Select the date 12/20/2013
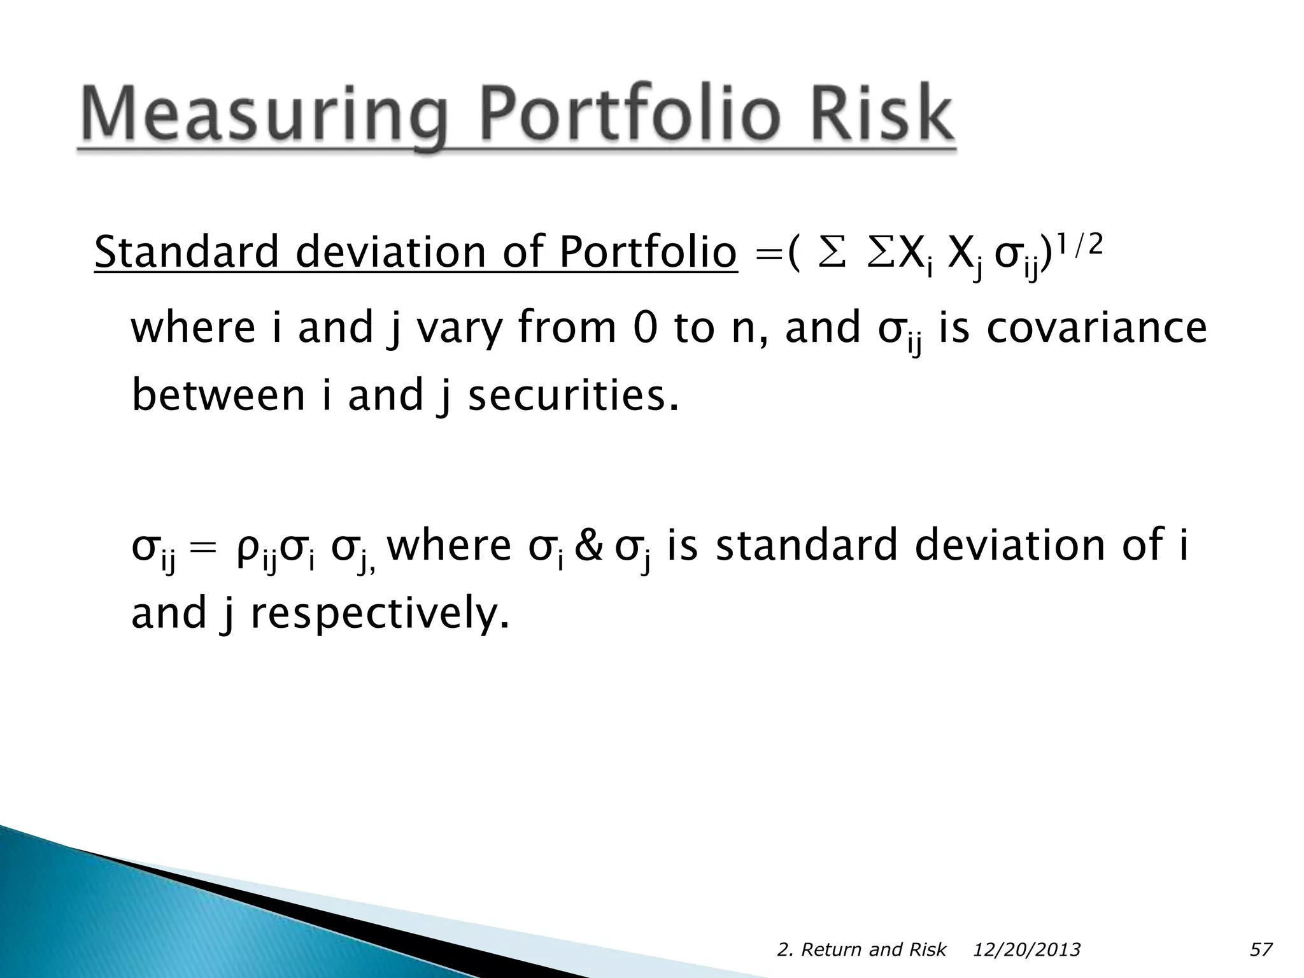[x=1026, y=950]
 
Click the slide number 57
[x=1261, y=950]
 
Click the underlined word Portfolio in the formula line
[x=648, y=252]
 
